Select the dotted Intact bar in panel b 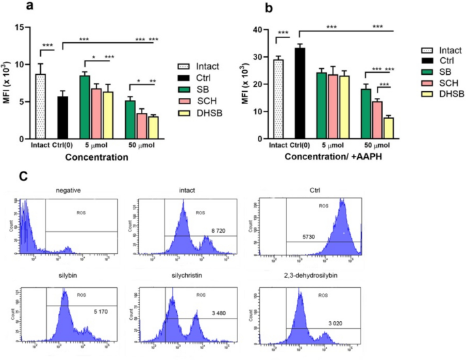click(278, 99)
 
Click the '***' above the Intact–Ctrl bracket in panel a click(48, 46)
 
